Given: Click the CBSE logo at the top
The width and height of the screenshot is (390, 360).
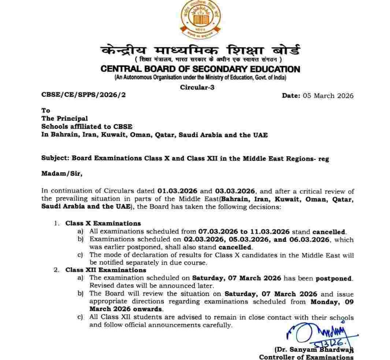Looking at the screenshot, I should pyautogui.click(x=200, y=18).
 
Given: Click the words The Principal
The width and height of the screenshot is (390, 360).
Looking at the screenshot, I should pyautogui.click(x=64, y=118).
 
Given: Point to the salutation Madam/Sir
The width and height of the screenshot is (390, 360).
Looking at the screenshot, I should pyautogui.click(x=62, y=174).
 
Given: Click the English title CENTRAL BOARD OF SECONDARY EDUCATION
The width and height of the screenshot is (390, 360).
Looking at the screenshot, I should pyautogui.click(x=200, y=69).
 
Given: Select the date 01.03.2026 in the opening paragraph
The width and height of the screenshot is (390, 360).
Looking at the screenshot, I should pyautogui.click(x=178, y=191).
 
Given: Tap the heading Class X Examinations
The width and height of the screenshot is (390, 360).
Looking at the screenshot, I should pyautogui.click(x=103, y=223).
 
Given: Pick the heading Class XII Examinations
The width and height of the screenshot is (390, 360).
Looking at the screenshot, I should pyautogui.click(x=106, y=270).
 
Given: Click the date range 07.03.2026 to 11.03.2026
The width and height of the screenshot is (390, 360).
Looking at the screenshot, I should pyautogui.click(x=244, y=232).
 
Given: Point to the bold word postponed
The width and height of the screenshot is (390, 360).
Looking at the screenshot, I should pyautogui.click(x=334, y=278).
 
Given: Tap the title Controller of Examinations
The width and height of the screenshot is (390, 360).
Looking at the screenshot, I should pyautogui.click(x=306, y=357).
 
